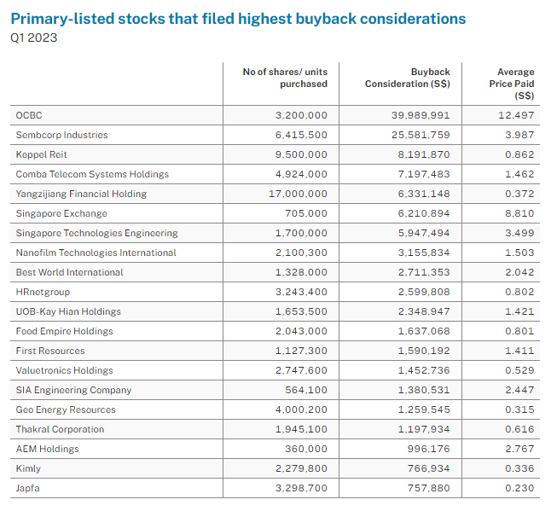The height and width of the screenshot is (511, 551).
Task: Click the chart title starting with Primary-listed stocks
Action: pos(238,18)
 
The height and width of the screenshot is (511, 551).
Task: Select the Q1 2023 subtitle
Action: pos(34,38)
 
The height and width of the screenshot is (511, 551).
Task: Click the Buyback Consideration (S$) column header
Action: pos(408,78)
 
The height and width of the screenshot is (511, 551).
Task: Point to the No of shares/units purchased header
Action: pos(285,78)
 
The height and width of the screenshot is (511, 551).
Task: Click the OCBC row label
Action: pos(28,115)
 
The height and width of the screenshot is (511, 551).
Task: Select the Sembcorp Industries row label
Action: pos(61,135)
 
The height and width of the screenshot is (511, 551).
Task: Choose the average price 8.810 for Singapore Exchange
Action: pos(519,213)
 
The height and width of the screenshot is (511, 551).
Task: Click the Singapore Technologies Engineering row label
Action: pos(96,233)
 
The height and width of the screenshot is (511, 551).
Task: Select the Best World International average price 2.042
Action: pos(519,272)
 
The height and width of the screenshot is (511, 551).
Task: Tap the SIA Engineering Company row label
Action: pos(73,390)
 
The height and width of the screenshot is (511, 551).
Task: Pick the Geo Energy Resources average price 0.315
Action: pos(519,409)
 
